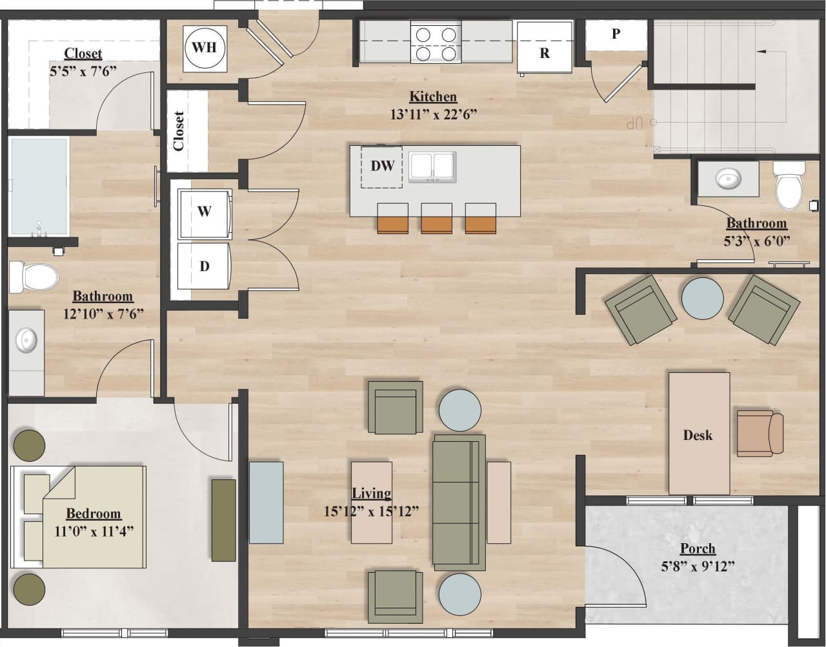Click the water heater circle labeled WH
tap(205, 48)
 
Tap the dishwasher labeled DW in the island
tap(382, 166)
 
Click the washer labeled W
tap(204, 212)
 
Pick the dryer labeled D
tap(204, 266)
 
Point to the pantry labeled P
tap(616, 35)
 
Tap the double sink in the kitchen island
tap(432, 167)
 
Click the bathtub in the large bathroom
tap(39, 186)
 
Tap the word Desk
tap(698, 435)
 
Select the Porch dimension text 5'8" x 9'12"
tap(698, 567)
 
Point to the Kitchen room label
tap(433, 97)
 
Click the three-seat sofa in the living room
tap(458, 502)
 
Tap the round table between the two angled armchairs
tap(703, 297)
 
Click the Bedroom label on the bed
tap(94, 514)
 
